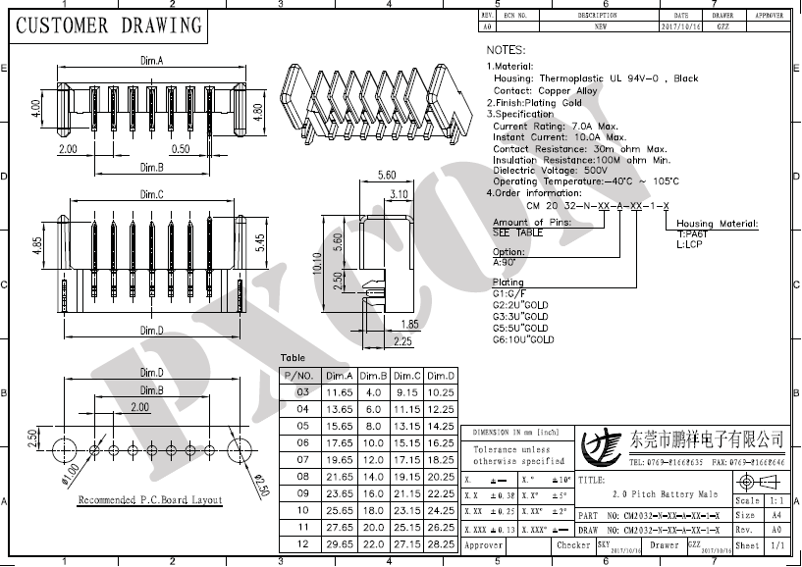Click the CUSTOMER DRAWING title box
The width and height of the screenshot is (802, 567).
tap(108, 26)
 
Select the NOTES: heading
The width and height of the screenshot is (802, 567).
tap(507, 49)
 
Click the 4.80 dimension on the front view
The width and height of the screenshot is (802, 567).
tap(258, 110)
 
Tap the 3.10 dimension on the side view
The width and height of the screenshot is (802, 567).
tap(399, 195)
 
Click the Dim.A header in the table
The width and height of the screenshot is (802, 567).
tap(339, 376)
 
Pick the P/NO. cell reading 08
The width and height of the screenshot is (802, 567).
tap(302, 476)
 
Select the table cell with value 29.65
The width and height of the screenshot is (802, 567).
tap(339, 542)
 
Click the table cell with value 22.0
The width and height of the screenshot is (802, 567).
tap(373, 542)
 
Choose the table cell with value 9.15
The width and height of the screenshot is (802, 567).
tap(407, 392)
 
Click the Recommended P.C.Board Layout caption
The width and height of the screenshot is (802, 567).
tap(150, 500)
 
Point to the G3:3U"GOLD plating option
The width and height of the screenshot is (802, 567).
tap(520, 317)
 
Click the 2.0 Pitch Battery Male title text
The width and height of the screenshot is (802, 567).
tap(665, 494)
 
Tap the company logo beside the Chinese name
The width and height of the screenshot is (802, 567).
tap(601, 446)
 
